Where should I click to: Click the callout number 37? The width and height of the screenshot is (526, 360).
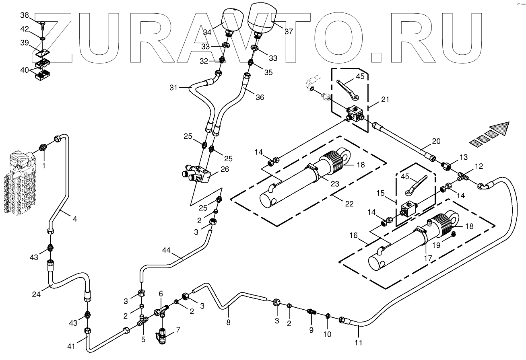point(289,31)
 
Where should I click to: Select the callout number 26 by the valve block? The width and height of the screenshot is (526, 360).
point(225,169)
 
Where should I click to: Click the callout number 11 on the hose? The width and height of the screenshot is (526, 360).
point(358,343)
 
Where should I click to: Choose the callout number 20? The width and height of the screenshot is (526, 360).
point(436,141)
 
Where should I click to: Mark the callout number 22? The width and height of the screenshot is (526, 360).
point(349,204)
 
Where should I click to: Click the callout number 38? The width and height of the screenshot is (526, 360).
point(25,15)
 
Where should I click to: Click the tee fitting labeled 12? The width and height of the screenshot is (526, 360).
point(464,175)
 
